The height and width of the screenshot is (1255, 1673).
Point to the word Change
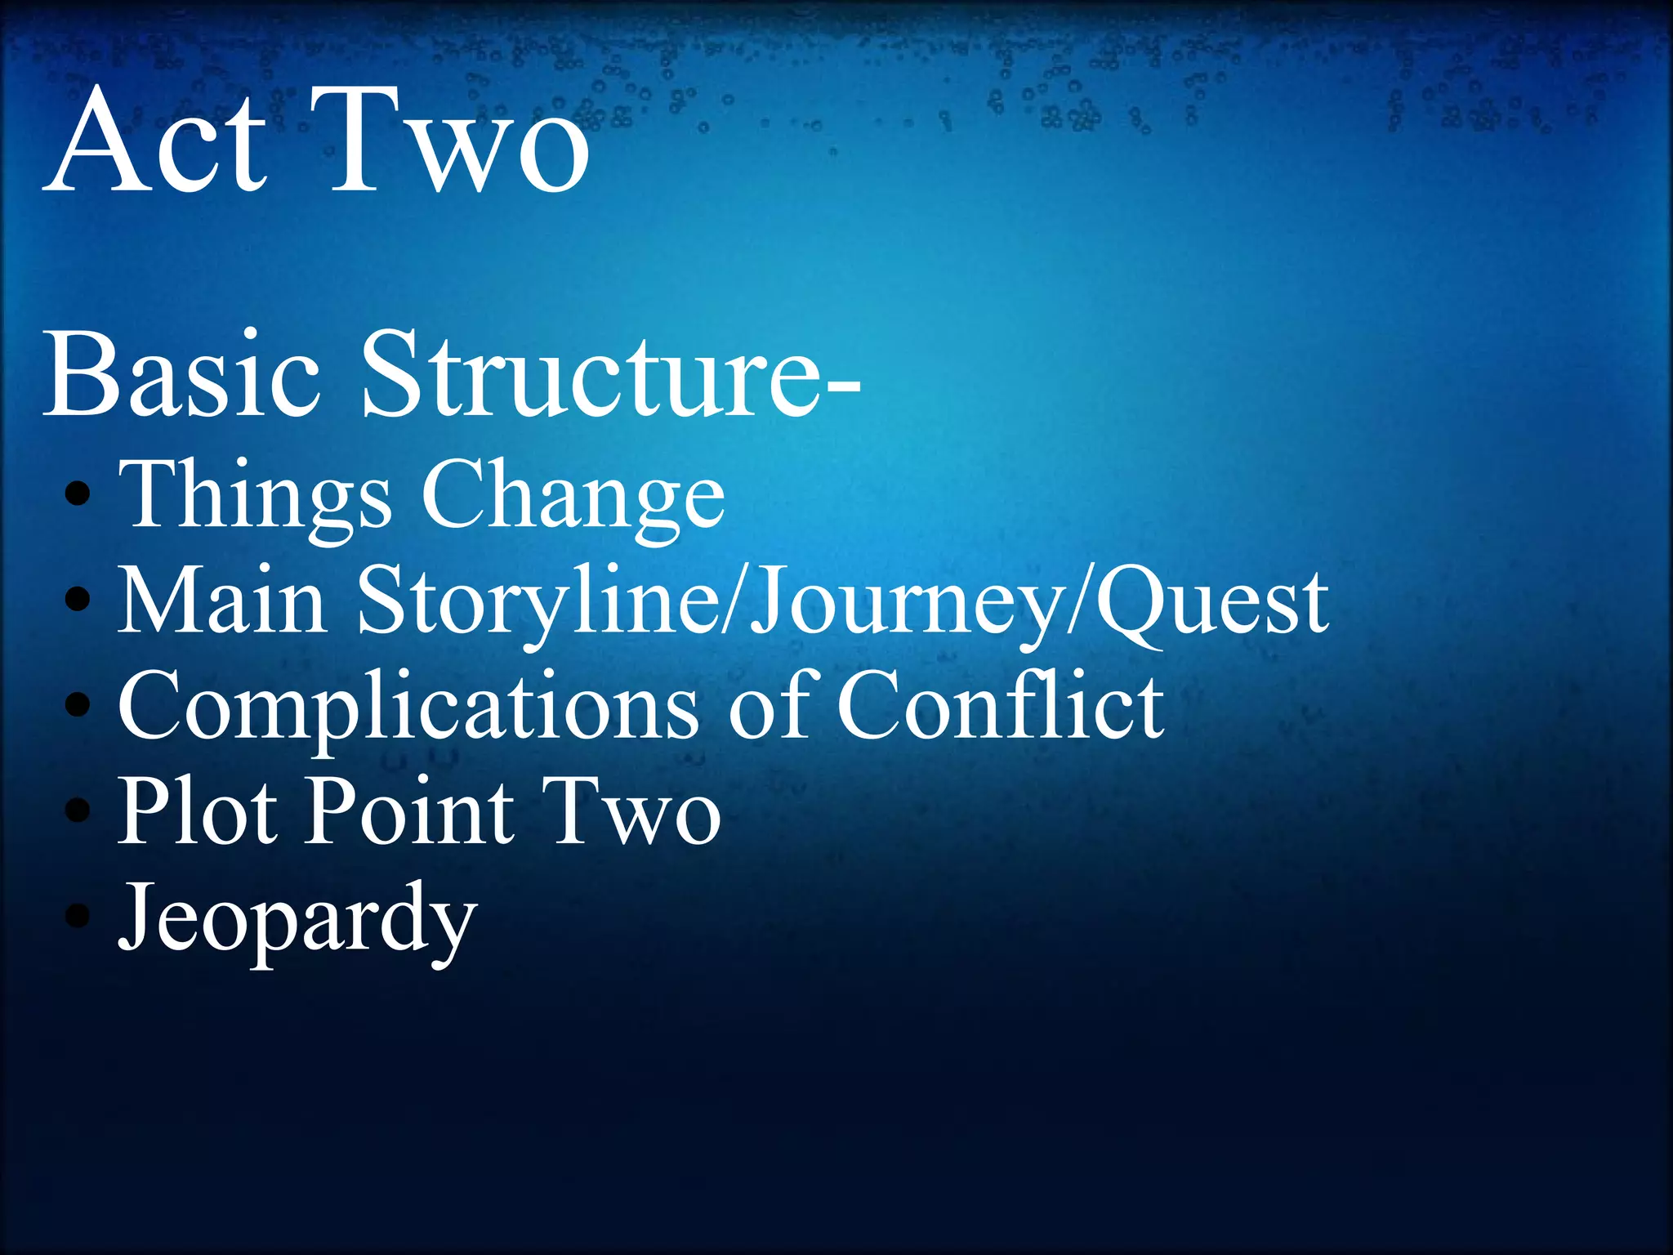point(572,495)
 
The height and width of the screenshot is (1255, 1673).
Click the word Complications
point(408,706)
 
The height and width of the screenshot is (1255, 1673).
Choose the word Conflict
point(1001,706)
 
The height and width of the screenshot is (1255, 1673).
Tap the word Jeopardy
point(297,918)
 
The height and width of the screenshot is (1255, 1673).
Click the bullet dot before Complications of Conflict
point(77,703)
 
